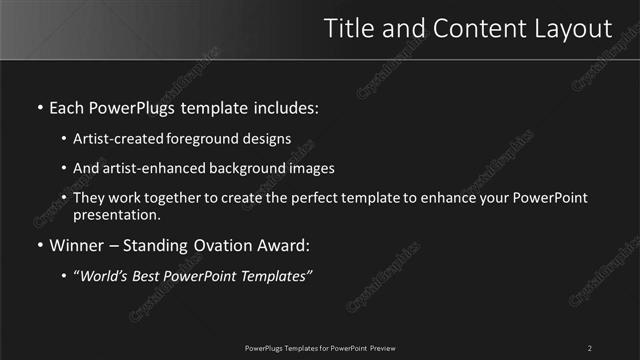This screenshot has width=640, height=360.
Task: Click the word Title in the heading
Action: point(349,29)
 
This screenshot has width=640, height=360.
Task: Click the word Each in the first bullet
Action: point(68,107)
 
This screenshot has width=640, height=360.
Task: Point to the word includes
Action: point(288,107)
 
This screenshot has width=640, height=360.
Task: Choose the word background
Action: point(249,169)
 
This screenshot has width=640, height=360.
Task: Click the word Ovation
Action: point(224,245)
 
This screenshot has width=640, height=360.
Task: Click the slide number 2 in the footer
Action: point(590,348)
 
